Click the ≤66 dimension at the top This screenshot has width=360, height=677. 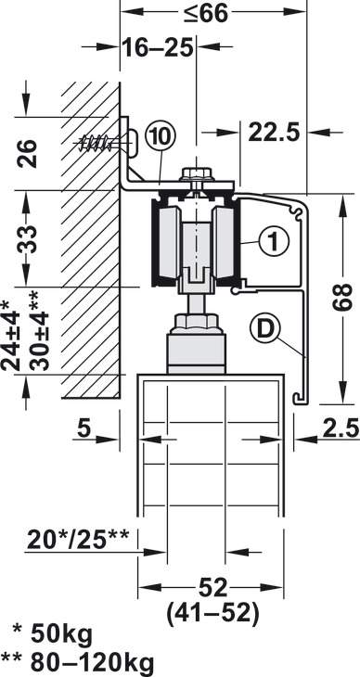pyautogui.click(x=205, y=13)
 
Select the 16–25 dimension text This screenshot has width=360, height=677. pyautogui.click(x=157, y=47)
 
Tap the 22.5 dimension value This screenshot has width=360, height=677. pyautogui.click(x=274, y=132)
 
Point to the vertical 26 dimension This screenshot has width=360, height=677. pyautogui.click(x=26, y=153)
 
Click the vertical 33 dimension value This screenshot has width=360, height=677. pyautogui.click(x=26, y=238)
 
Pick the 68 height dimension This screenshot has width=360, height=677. pyautogui.click(x=341, y=297)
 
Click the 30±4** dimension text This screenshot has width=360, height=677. pyautogui.click(x=39, y=330)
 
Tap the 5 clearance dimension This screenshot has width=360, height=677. pyautogui.click(x=84, y=428)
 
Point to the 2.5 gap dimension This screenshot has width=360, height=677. pyautogui.click(x=341, y=428)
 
